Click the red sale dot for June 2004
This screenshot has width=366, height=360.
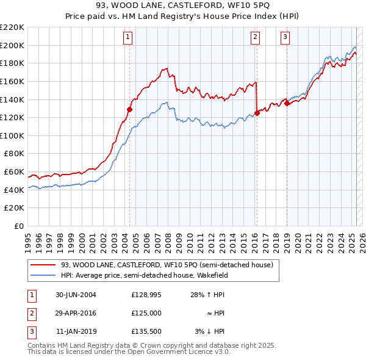(x=129, y=109)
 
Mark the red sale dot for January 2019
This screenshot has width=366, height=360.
(x=287, y=103)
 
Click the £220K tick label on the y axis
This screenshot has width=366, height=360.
(x=12, y=27)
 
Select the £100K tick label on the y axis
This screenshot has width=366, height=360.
(x=12, y=135)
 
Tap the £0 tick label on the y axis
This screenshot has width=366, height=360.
(x=19, y=226)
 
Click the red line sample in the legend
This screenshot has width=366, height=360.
(x=43, y=265)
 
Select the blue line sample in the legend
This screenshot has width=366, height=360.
(x=43, y=275)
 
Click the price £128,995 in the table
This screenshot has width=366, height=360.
(x=146, y=295)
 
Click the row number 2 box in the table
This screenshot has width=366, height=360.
(x=31, y=313)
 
